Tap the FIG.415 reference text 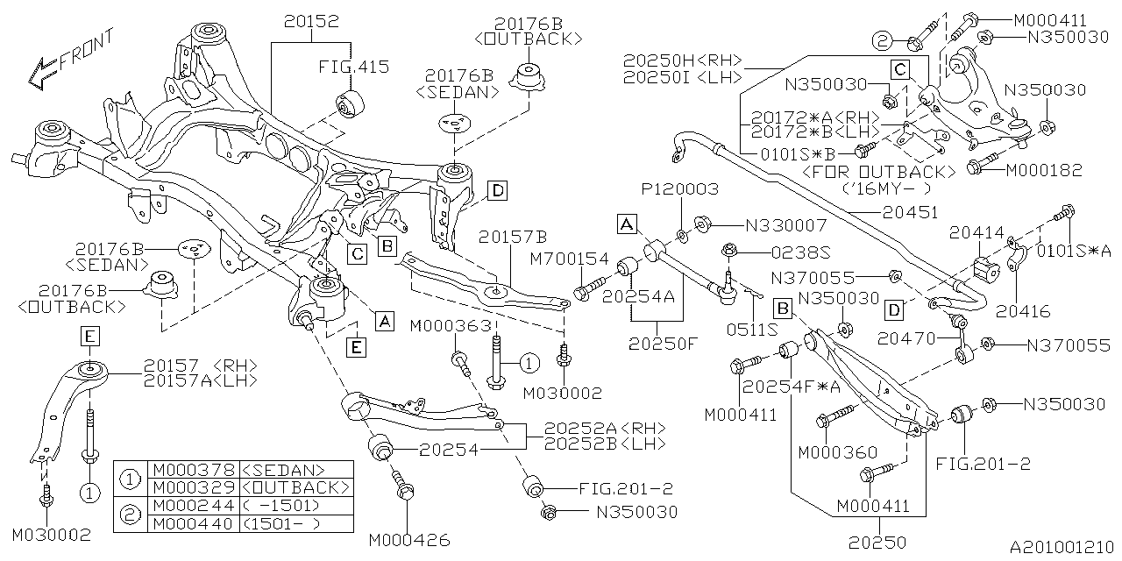[x=353, y=67]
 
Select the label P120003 [x=679, y=189]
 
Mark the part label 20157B [x=513, y=237]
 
